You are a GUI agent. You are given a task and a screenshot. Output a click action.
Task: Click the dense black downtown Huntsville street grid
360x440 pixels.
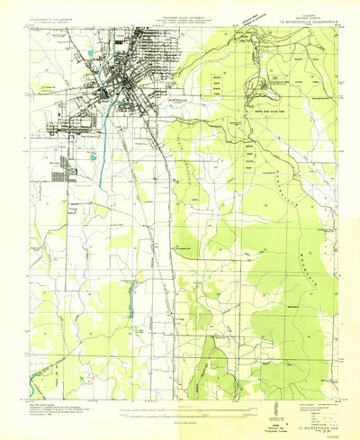tap(121, 85)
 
